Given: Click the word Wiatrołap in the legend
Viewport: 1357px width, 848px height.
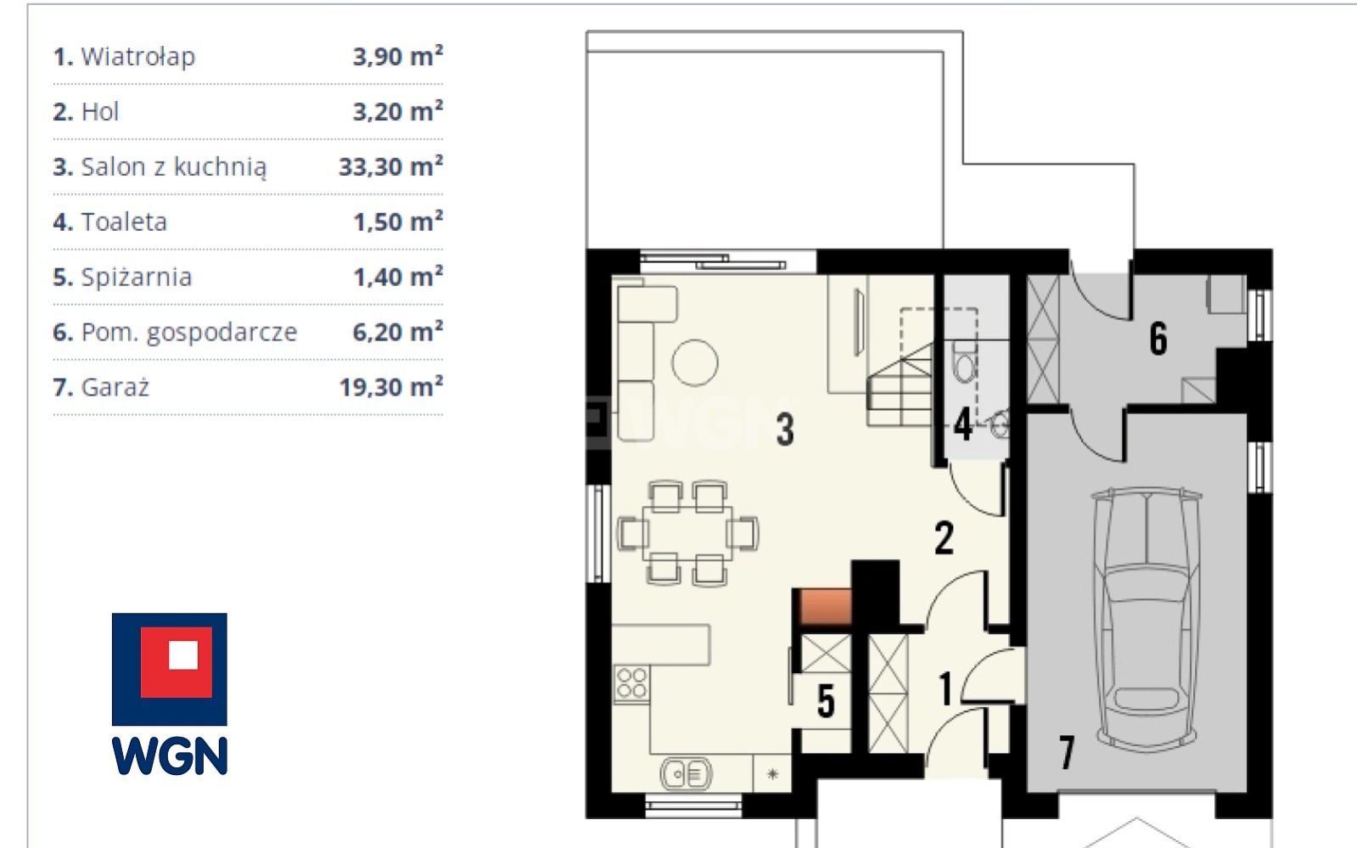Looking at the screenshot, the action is (138, 57).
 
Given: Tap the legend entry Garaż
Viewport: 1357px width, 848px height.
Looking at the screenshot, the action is (115, 387).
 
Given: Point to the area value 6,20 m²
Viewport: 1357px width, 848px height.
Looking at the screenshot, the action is (397, 331).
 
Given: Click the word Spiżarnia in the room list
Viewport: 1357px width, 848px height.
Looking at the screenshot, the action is (137, 277).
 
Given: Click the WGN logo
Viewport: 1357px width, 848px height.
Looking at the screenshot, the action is (170, 694).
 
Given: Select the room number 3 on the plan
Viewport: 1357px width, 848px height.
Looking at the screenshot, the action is (785, 430).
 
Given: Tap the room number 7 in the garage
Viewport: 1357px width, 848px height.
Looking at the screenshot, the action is (1066, 752).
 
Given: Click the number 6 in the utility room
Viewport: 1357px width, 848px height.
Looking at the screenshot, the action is (1158, 338).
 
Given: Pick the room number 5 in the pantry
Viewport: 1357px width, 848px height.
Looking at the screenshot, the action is (826, 701).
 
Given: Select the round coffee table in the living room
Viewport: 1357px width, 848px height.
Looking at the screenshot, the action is (695, 362).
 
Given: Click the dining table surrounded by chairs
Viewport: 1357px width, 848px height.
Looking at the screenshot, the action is (687, 533).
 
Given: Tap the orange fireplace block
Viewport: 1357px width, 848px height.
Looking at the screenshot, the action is (825, 606).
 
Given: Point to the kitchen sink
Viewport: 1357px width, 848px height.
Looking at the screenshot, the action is (687, 773).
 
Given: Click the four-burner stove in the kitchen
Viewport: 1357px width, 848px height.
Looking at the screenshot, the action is (631, 684).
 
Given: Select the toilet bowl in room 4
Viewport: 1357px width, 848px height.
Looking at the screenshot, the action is (964, 362).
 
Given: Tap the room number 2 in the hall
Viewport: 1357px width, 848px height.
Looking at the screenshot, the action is (944, 537).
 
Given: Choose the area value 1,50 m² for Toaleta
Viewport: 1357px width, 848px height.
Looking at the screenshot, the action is (398, 221).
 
